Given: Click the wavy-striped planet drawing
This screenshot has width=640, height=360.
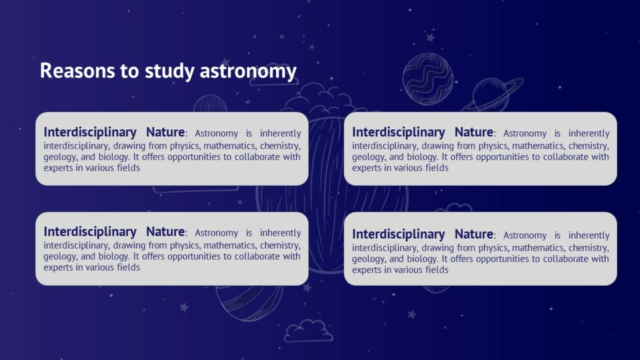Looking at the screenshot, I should pos(427,78).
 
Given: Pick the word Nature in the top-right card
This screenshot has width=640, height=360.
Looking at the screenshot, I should pos(474,132).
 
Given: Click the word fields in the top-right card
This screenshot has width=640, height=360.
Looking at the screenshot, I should pos(435,168).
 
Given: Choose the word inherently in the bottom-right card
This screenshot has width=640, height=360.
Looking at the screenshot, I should pos(589,236).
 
